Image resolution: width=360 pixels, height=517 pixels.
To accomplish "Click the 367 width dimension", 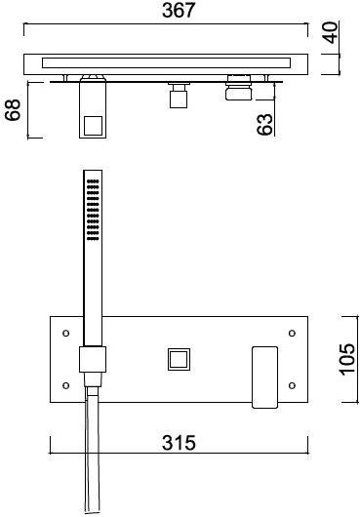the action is click(179, 11).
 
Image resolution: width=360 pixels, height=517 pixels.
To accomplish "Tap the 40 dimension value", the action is click(331, 32).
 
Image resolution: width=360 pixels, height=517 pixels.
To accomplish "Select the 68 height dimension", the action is click(13, 110).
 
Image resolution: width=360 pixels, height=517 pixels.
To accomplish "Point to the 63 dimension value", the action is click(265, 124).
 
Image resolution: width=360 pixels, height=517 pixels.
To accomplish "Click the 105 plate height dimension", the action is click(347, 359).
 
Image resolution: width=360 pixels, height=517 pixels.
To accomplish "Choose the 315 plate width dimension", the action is click(179, 443).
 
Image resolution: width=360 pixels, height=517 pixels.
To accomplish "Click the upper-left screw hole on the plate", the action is click(66, 333).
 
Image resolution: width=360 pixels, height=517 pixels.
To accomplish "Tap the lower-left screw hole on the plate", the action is click(66, 385).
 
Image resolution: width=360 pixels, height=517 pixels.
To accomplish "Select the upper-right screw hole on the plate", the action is click(292, 333).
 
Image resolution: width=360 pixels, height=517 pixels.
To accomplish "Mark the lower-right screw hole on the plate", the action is click(292, 385).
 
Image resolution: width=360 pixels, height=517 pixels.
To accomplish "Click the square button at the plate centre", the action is click(179, 359).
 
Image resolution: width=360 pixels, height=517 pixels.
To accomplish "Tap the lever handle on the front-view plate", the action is click(264, 378).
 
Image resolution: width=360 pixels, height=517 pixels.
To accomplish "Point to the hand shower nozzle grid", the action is click(93, 210).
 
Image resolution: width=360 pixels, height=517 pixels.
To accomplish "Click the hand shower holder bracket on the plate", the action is click(93, 359).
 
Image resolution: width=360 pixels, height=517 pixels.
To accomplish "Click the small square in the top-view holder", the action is click(93, 126).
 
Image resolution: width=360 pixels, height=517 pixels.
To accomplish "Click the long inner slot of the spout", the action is click(167, 63).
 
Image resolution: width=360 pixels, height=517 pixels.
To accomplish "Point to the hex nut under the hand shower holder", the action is click(93, 379).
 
